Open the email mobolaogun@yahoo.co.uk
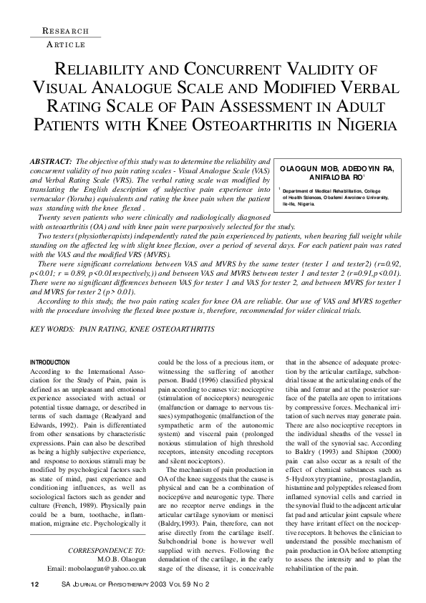[x=97, y=568]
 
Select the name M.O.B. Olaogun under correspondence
[x=117, y=559]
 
